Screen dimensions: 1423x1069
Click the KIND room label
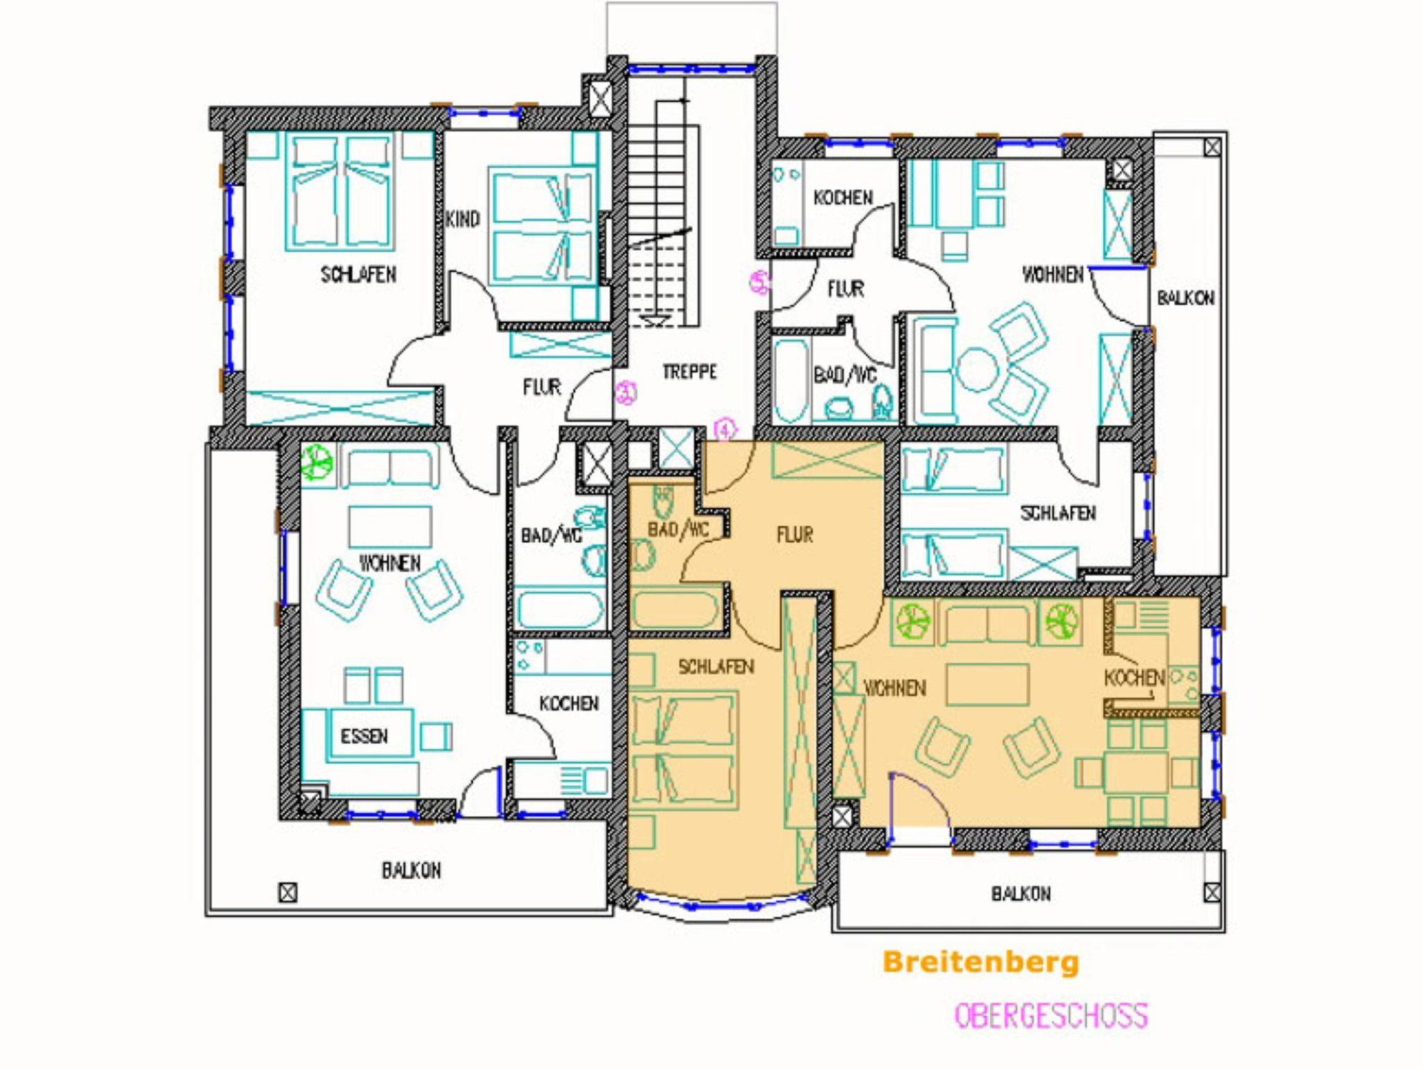click(x=463, y=220)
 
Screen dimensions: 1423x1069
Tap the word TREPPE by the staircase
click(x=689, y=372)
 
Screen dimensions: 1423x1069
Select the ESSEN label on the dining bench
click(x=364, y=736)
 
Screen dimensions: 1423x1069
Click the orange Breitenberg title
click(x=981, y=963)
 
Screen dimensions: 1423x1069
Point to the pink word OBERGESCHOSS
click(x=1051, y=1015)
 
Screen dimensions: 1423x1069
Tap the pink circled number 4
click(x=725, y=430)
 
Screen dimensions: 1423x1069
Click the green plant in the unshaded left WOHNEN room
click(x=318, y=462)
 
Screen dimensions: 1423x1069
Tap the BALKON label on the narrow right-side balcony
click(x=1185, y=298)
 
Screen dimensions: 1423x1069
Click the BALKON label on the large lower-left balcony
click(x=411, y=870)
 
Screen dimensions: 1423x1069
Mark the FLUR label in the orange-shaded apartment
click(x=795, y=534)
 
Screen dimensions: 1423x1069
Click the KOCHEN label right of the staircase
click(x=843, y=198)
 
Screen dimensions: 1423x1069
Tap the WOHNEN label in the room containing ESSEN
click(x=390, y=563)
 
